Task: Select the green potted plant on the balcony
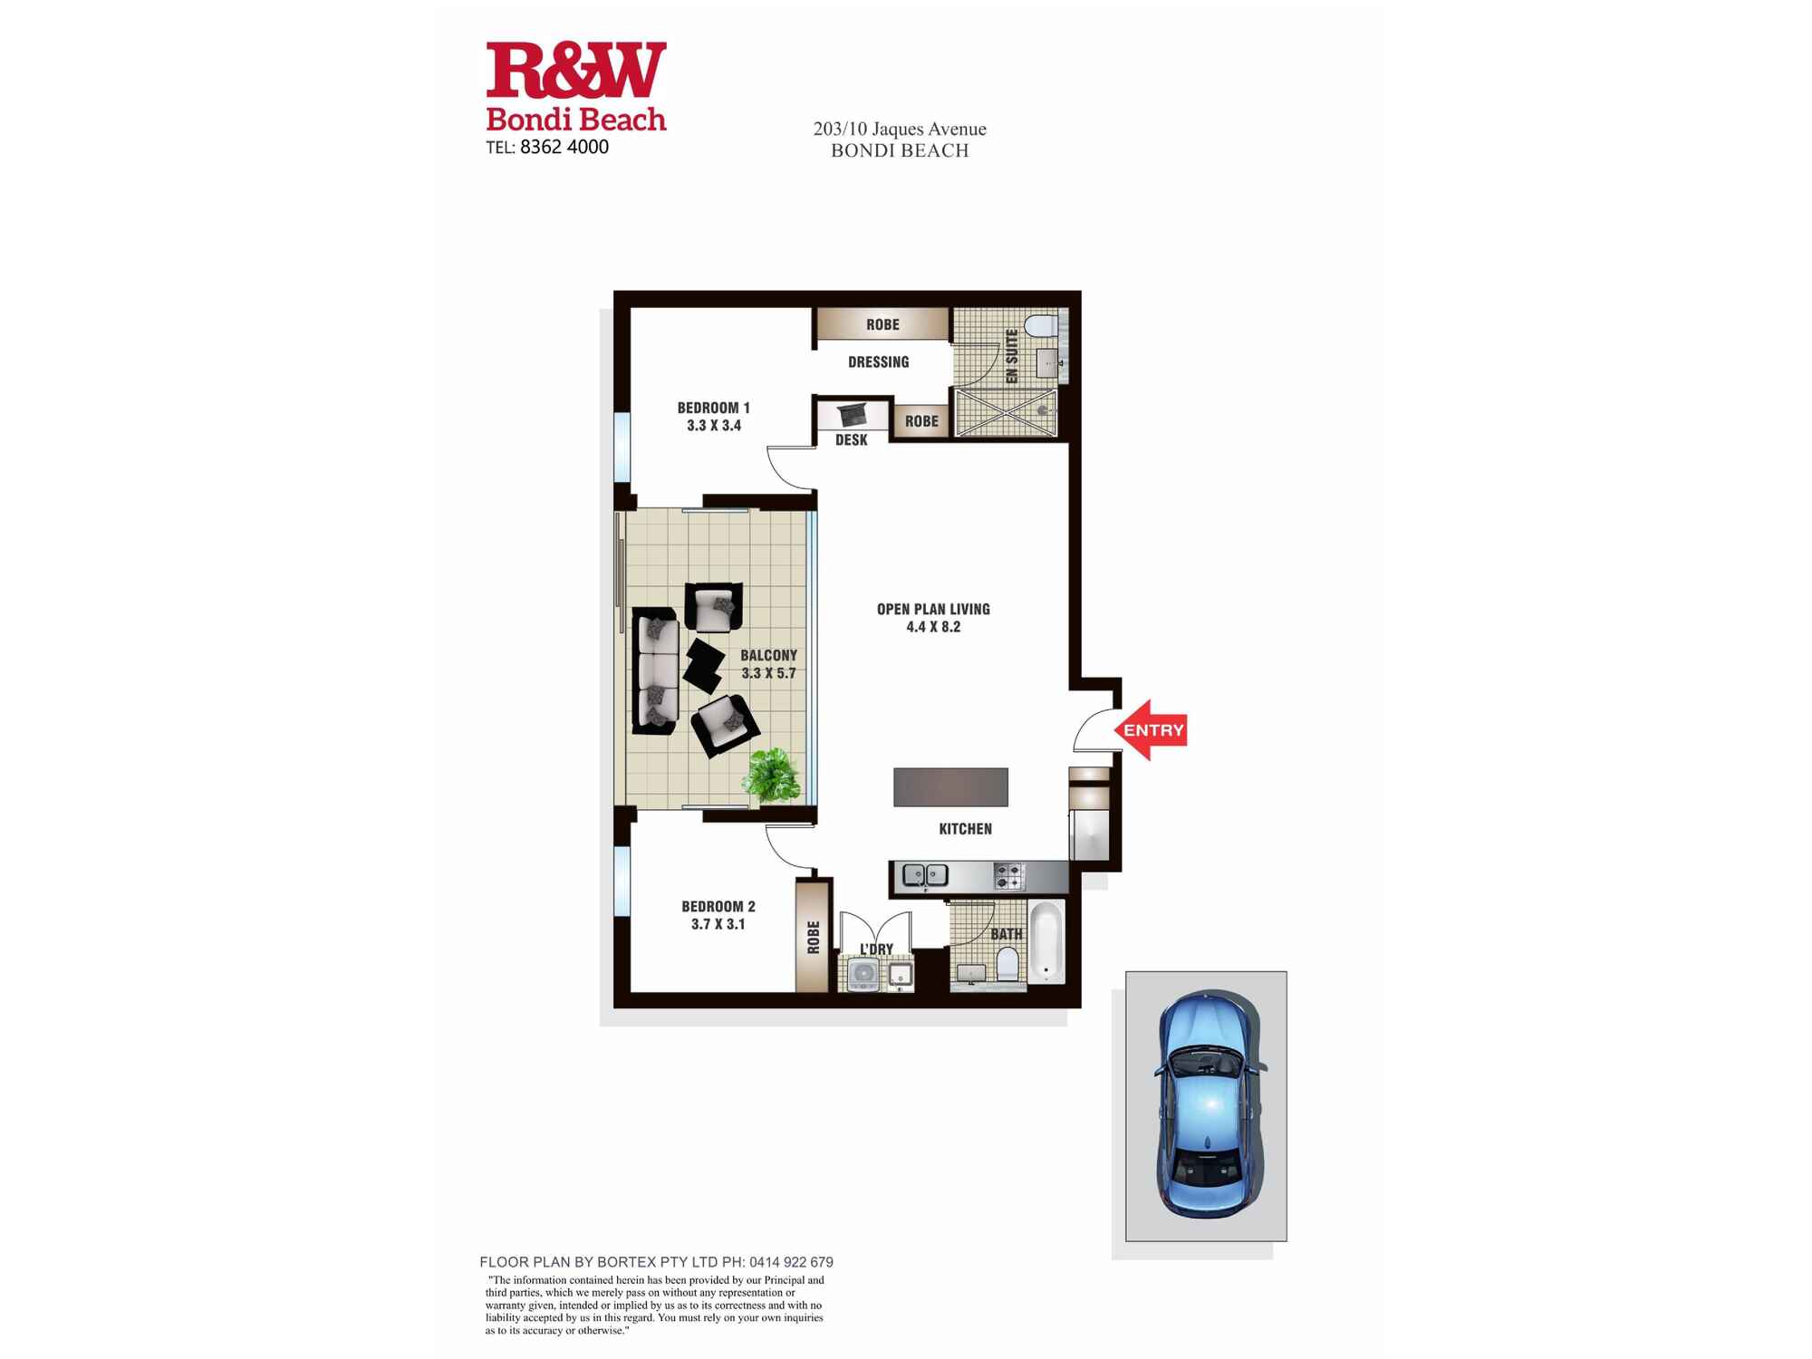pyautogui.click(x=772, y=775)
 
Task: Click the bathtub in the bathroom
pyautogui.click(x=1046, y=942)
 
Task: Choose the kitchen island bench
pyautogui.click(x=950, y=786)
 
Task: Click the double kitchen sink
pyautogui.click(x=925, y=875)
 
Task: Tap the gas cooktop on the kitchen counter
pyautogui.click(x=1009, y=876)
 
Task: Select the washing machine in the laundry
pyautogui.click(x=863, y=973)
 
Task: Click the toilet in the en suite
pyautogui.click(x=1042, y=324)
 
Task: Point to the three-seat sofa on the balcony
pyautogui.click(x=654, y=670)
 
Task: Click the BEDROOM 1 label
pyautogui.click(x=714, y=408)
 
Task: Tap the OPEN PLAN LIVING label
pyautogui.click(x=933, y=609)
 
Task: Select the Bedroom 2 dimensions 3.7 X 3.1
pyautogui.click(x=718, y=924)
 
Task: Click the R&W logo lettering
pyautogui.click(x=576, y=70)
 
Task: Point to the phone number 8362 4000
pyautogui.click(x=564, y=147)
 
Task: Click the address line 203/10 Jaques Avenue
pyautogui.click(x=900, y=129)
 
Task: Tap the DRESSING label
pyautogui.click(x=878, y=362)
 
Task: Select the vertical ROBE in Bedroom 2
pyautogui.click(x=813, y=937)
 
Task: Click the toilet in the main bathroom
pyautogui.click(x=1007, y=964)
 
